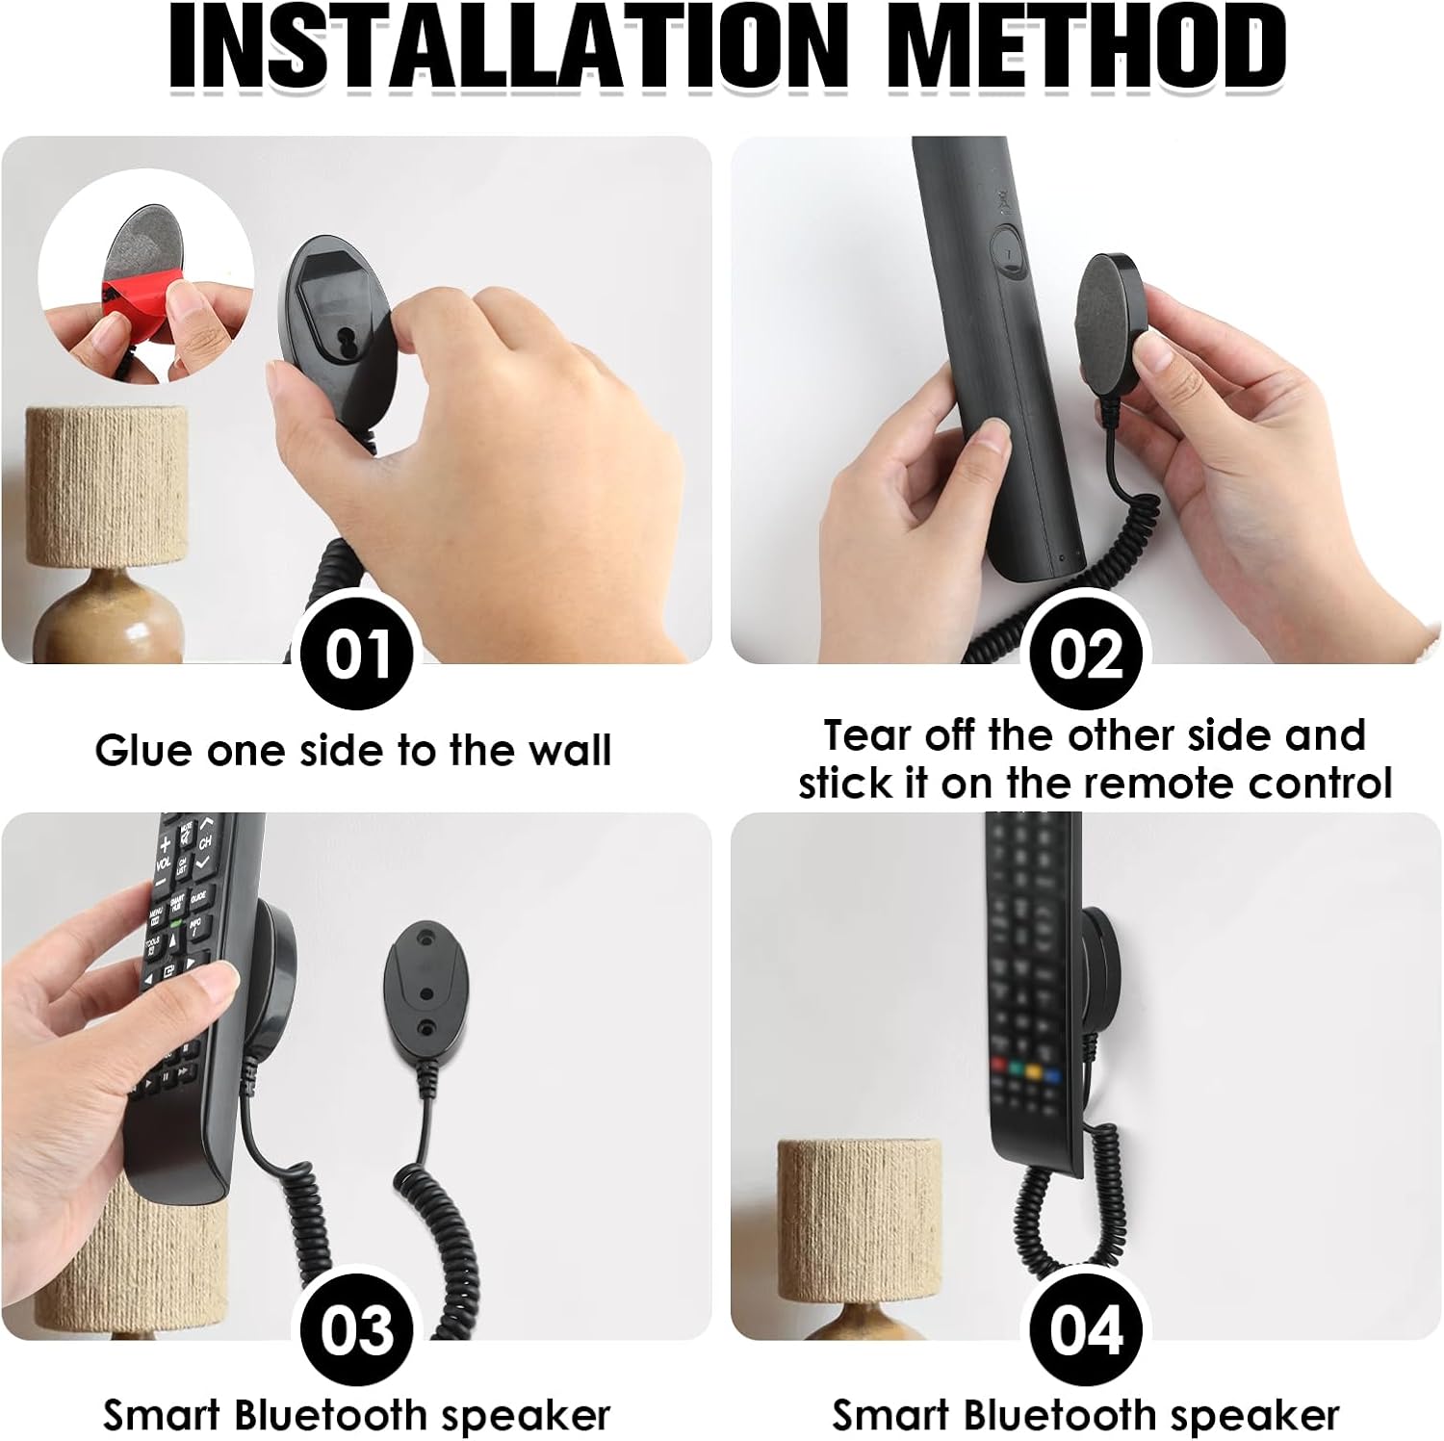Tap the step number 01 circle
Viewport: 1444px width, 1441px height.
point(357,655)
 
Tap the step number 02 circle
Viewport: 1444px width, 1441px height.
point(1086,655)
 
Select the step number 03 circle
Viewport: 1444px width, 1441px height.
point(357,1330)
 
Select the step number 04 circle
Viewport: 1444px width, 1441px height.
point(1086,1330)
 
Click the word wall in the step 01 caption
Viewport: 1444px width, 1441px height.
point(568,750)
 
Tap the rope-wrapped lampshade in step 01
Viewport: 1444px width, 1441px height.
point(106,486)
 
